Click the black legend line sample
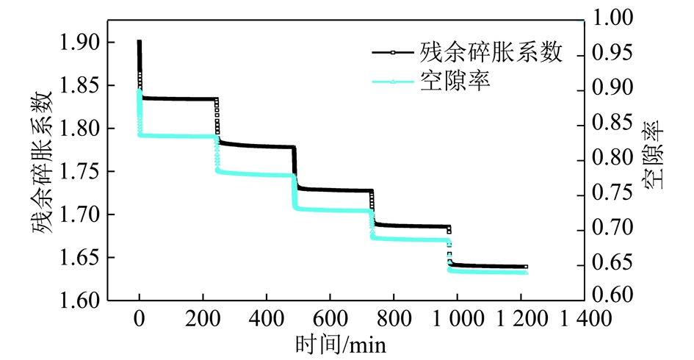coord(393,53)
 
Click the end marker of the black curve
coord(525,267)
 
